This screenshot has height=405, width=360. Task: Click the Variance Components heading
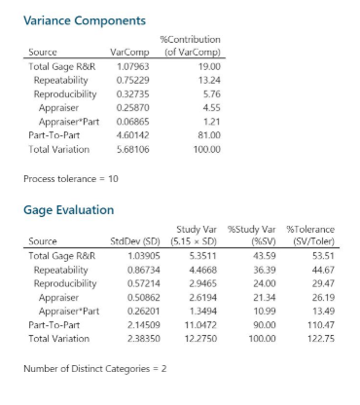[84, 19]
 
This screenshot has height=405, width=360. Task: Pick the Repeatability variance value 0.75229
[130, 80]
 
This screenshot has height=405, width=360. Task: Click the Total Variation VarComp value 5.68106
[130, 150]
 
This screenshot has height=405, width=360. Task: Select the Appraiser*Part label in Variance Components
[66, 122]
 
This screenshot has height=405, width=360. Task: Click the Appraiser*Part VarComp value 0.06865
[130, 122]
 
